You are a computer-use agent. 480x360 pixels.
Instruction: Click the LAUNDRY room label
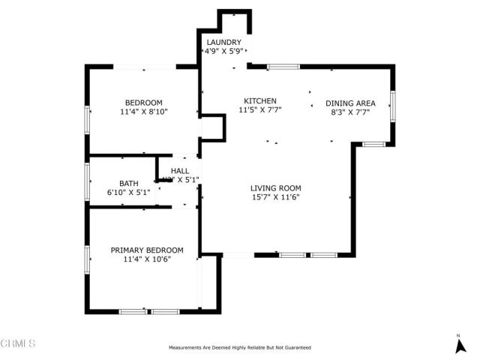(x=223, y=42)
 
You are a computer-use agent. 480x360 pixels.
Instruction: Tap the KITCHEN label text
(x=260, y=100)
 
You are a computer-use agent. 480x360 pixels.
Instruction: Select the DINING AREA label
(x=349, y=103)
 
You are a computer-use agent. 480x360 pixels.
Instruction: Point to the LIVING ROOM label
(x=275, y=188)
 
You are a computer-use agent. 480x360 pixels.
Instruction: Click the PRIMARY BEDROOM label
(x=147, y=250)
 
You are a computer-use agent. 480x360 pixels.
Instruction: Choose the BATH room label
(x=129, y=183)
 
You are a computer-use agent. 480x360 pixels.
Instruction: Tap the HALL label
(x=180, y=171)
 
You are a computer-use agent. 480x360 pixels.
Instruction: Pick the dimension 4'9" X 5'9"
(x=223, y=51)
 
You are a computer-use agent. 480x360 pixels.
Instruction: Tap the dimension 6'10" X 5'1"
(x=129, y=192)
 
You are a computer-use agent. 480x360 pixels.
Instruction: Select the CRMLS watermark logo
(x=18, y=343)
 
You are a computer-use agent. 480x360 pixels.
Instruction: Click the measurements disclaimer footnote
(x=239, y=347)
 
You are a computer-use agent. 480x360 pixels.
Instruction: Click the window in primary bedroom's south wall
(x=149, y=310)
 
